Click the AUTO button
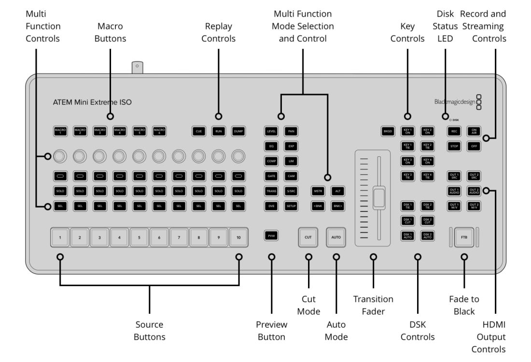pos(336,237)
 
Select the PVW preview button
pos(271,236)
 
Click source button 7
pos(179,238)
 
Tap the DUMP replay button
pos(238,131)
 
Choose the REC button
pos(454,131)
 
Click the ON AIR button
pos(474,131)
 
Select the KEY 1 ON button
pos(407,131)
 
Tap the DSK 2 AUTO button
pos(427,236)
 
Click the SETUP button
pos(291,206)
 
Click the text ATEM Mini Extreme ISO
pos(92,102)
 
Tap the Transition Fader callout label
pos(373,305)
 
